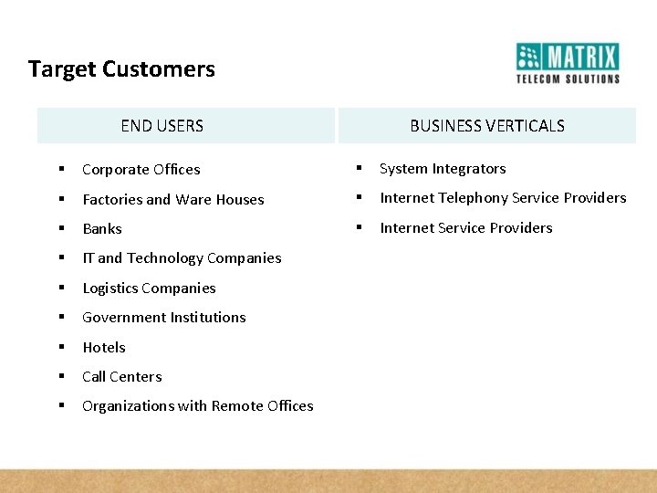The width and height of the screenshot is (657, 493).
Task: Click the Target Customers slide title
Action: tap(121, 69)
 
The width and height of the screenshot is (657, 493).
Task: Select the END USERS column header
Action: tap(162, 126)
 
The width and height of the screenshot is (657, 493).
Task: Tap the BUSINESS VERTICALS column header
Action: tap(486, 126)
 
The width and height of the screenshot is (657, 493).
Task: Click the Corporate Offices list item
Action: tap(141, 170)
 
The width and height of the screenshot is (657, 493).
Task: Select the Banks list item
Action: tap(101, 229)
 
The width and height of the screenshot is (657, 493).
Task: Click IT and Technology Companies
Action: tap(182, 258)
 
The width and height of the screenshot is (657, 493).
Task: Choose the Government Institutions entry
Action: tap(163, 318)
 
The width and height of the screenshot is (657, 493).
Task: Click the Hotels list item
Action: tap(104, 348)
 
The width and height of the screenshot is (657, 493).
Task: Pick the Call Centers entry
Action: tap(121, 377)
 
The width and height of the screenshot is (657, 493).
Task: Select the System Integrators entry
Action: tap(442, 169)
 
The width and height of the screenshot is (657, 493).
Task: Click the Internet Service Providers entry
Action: tap(465, 228)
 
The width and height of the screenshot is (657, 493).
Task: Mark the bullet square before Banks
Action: tap(61, 228)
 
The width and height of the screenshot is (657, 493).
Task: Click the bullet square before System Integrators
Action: tap(359, 168)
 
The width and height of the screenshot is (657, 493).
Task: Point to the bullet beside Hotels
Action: tap(61, 347)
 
